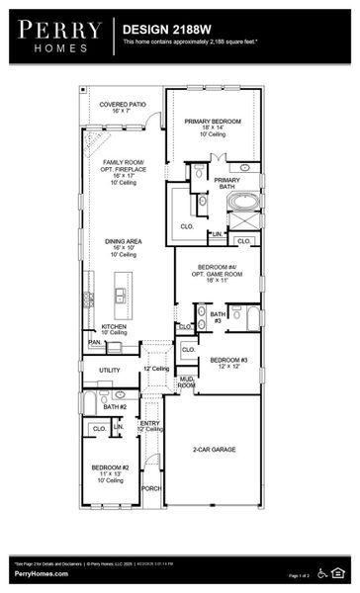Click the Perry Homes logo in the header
coord(56,36)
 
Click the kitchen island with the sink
coord(121,294)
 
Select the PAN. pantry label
coord(95,343)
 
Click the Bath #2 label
coord(116,406)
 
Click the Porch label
coord(151,488)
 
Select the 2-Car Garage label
coord(213,450)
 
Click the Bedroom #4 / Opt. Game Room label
coord(217,273)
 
